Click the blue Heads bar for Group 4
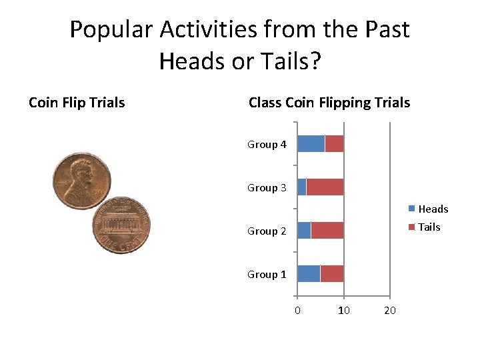311,143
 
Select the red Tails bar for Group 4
334,143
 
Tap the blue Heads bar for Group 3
301,187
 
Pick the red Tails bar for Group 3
325,187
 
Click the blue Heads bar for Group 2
304,230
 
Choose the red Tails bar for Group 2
327,230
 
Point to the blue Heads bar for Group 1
309,273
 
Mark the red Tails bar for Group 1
332,273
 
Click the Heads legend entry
433,209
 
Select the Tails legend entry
429,227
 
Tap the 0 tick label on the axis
297,311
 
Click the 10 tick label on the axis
343,311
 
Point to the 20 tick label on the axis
390,311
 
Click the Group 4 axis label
267,145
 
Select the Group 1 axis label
267,275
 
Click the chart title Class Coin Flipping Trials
329,103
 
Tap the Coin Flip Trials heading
77,103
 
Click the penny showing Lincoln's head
82,181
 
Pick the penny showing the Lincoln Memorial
121,225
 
